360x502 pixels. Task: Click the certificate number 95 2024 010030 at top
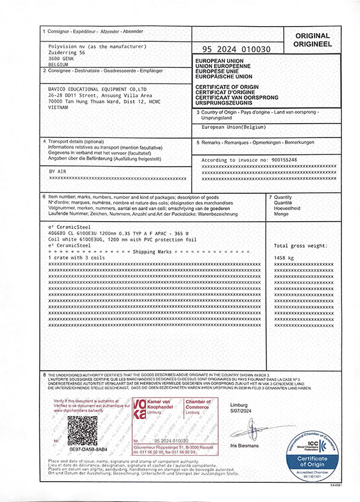pyautogui.click(x=238, y=49)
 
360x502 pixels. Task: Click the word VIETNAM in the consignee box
pyautogui.click(x=59, y=107)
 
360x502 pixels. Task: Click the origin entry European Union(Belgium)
pyautogui.click(x=233, y=127)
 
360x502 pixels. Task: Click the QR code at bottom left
pyautogui.click(x=82, y=430)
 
